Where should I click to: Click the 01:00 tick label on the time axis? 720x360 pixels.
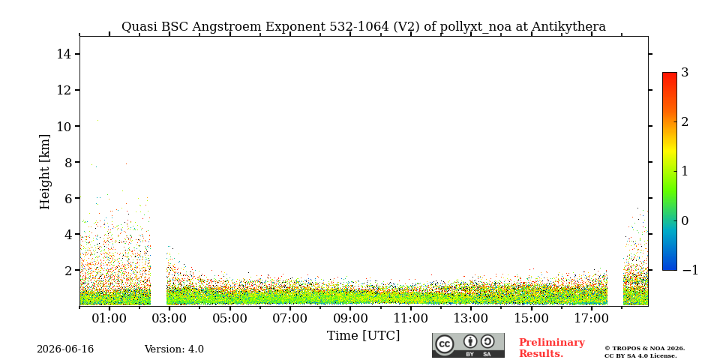tap(109, 318)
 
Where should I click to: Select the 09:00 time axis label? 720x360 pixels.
tap(350, 318)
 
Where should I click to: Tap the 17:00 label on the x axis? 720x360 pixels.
tap(591, 318)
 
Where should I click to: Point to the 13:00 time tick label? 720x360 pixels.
tap(471, 318)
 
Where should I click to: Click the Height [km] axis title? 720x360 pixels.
tap(44, 172)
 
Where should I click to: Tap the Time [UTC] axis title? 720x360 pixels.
tap(363, 336)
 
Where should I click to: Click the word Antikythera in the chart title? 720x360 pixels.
tap(568, 27)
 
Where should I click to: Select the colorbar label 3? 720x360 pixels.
tap(685, 73)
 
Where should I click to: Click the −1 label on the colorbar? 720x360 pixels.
tap(690, 270)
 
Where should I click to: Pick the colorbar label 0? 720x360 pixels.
tap(685, 220)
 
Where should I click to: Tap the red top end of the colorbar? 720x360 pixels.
tap(670, 73)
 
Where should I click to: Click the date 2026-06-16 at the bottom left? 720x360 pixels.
tap(65, 349)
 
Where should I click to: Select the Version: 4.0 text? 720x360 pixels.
tap(174, 349)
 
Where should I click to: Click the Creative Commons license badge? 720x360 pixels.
tap(468, 345)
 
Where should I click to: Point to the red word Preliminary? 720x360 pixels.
tap(552, 343)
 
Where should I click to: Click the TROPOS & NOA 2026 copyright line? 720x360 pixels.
tap(644, 349)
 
